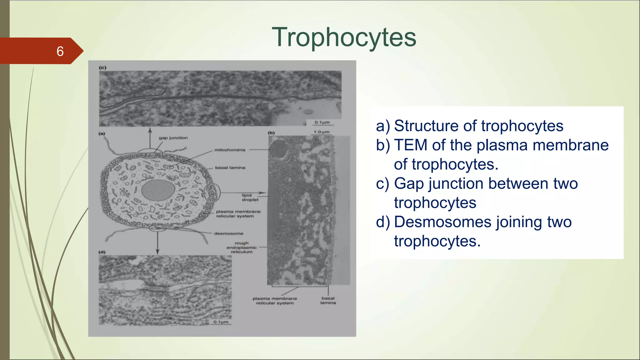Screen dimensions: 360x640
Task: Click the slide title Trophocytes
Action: (344, 37)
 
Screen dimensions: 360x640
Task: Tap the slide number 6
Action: (60, 51)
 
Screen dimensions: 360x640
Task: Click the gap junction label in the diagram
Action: (173, 138)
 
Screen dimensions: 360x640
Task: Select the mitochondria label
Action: (230, 150)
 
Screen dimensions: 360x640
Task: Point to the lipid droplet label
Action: (250, 197)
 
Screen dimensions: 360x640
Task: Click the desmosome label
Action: (228, 233)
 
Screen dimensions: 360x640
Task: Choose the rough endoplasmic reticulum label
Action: (242, 247)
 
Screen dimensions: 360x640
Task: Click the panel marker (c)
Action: (102, 67)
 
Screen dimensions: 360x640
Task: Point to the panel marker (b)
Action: (271, 133)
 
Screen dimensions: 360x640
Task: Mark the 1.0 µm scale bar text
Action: (322, 132)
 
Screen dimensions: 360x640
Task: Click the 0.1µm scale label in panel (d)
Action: (221, 322)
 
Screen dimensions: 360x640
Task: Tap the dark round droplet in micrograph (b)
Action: (278, 149)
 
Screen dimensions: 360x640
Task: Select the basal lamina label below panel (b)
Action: (328, 300)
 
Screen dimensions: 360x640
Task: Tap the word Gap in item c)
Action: (409, 183)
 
